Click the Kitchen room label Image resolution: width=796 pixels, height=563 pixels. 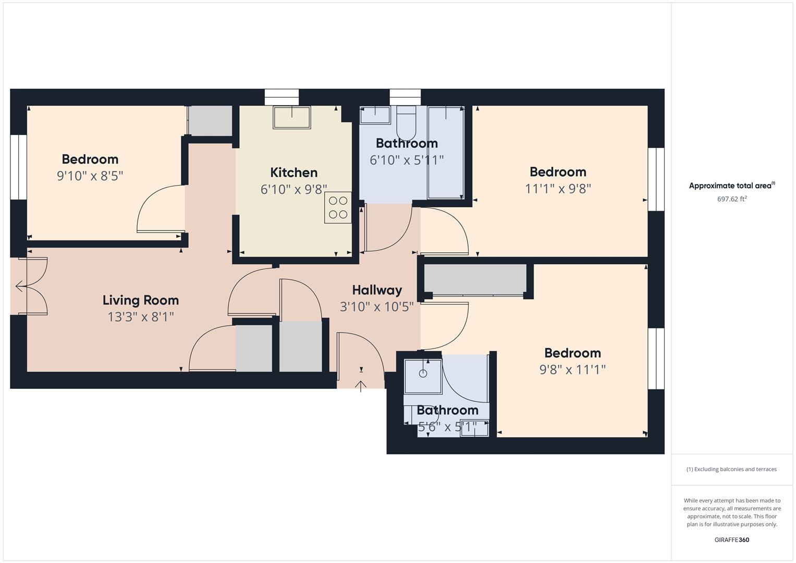293,173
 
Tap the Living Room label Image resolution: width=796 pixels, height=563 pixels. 141,300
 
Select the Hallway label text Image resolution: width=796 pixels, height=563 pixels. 377,290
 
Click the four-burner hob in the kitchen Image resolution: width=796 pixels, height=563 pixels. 338,207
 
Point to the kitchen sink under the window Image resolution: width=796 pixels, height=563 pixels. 292,117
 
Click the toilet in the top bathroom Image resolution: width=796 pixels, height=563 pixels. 406,123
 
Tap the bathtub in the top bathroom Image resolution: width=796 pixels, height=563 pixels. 446,152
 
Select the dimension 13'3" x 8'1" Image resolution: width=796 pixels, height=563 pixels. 141,317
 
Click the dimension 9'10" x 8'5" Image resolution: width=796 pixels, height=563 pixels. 90,176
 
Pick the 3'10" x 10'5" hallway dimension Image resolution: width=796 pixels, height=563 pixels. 377,307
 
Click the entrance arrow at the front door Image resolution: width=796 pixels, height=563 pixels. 361,386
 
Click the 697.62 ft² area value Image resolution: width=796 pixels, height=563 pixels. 732,199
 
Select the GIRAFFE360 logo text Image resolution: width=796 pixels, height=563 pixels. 732,540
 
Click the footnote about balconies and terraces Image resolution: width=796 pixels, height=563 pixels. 732,469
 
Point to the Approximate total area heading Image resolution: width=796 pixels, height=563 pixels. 732,185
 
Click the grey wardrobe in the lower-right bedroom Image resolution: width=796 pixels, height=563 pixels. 475,280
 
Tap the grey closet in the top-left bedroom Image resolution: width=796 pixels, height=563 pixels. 210,121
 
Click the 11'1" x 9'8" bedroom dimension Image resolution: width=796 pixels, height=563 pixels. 558,188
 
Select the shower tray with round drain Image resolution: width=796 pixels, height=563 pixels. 423,376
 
